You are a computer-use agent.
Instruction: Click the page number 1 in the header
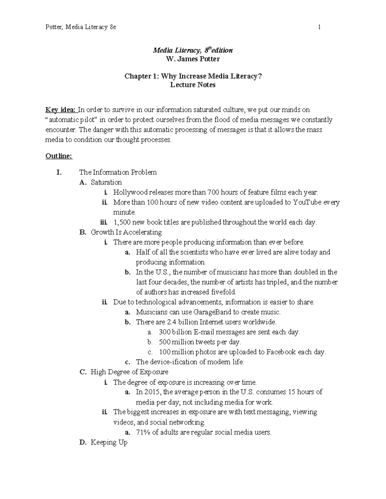coord(319,27)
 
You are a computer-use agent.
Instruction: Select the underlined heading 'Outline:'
coord(59,156)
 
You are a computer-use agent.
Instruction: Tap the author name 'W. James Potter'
coord(193,59)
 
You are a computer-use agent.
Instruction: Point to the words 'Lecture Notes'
coord(193,85)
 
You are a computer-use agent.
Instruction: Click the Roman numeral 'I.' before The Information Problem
coord(59,173)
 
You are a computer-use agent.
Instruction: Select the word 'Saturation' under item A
coord(106,183)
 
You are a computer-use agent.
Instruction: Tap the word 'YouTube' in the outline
coord(307,202)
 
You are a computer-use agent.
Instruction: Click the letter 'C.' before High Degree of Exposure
coord(83,372)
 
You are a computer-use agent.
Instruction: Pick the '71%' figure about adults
coord(143,432)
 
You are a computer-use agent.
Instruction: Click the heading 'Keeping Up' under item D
coord(109,442)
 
